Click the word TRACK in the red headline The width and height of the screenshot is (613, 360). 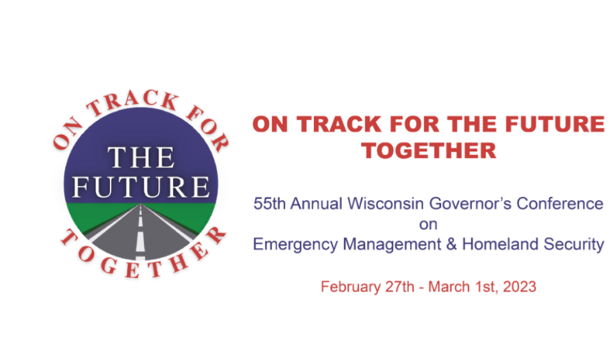pyautogui.click(x=339, y=124)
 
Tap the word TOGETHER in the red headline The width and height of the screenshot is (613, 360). pyautogui.click(x=429, y=151)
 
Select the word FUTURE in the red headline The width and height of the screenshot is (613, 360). pyautogui.click(x=555, y=124)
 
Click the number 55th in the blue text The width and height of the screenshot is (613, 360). pyautogui.click(x=270, y=203)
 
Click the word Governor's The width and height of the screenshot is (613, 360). pyautogui.click(x=470, y=203)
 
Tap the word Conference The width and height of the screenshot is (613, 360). pyautogui.click(x=560, y=203)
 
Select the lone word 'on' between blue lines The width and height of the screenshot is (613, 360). pyautogui.click(x=428, y=224)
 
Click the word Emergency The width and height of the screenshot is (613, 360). pyautogui.click(x=295, y=245)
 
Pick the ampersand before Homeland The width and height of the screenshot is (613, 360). pyautogui.click(x=451, y=244)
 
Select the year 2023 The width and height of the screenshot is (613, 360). pyautogui.click(x=520, y=287)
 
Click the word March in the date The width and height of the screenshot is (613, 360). pyautogui.click(x=449, y=287)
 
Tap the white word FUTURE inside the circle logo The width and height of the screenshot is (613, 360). pyautogui.click(x=141, y=187)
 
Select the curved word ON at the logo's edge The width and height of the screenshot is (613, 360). pyautogui.click(x=67, y=133)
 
